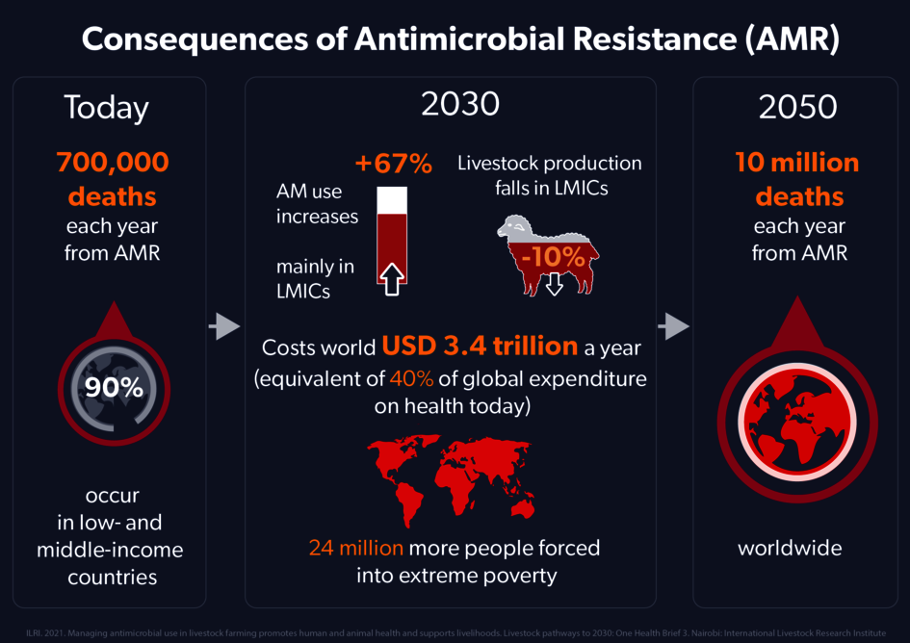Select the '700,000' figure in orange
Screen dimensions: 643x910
(x=113, y=162)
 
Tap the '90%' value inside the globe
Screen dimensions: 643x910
(x=114, y=388)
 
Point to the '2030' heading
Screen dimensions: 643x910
(x=460, y=104)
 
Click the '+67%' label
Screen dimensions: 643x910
(x=393, y=164)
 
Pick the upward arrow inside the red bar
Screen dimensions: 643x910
(x=391, y=278)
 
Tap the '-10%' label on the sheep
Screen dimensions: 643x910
(x=553, y=257)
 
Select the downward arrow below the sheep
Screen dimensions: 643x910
(x=554, y=286)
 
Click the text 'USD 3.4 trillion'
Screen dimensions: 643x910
(x=479, y=346)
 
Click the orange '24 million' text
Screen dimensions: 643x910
(x=355, y=548)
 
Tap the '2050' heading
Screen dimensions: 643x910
(x=797, y=108)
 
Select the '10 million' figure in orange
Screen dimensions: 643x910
(x=798, y=162)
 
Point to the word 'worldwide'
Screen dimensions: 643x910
(x=790, y=549)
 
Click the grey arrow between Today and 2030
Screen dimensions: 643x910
(x=223, y=327)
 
